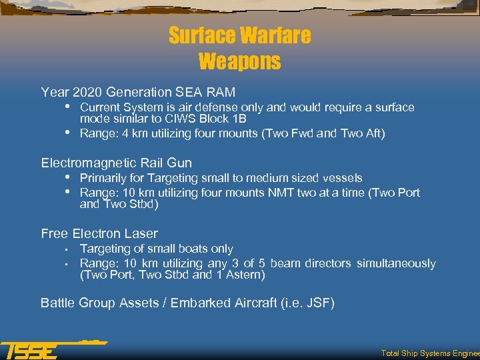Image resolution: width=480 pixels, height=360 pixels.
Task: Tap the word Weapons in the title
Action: (x=239, y=61)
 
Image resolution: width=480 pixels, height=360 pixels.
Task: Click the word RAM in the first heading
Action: (x=220, y=92)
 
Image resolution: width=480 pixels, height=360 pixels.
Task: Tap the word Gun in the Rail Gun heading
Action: (x=179, y=163)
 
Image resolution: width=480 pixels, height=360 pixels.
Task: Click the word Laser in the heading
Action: (x=143, y=233)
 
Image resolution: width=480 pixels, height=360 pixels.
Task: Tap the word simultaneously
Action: (x=396, y=263)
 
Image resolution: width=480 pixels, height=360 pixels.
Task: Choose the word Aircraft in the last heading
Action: (x=253, y=303)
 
